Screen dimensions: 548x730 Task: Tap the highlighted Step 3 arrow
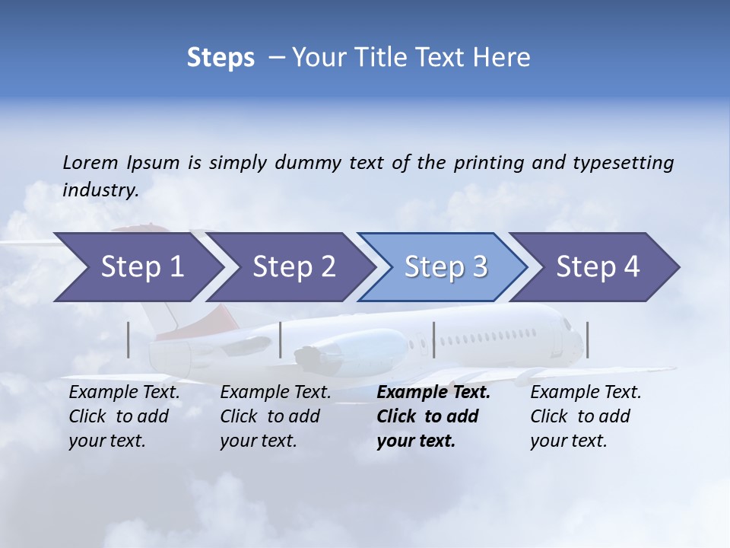(446, 267)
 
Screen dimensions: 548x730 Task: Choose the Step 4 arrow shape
(598, 267)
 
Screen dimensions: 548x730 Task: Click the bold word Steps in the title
(221, 58)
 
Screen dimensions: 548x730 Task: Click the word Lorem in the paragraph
(90, 162)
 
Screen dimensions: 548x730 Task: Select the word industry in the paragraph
(100, 190)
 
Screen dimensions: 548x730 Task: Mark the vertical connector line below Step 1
(129, 339)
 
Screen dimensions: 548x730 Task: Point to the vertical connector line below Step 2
(281, 339)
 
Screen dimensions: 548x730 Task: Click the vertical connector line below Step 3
(434, 339)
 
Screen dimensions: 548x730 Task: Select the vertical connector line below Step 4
(587, 339)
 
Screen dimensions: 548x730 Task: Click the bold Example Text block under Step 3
(433, 416)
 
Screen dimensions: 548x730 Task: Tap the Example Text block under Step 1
(124, 416)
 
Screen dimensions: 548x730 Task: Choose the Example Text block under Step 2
(275, 416)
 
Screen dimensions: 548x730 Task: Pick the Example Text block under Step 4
(586, 416)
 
